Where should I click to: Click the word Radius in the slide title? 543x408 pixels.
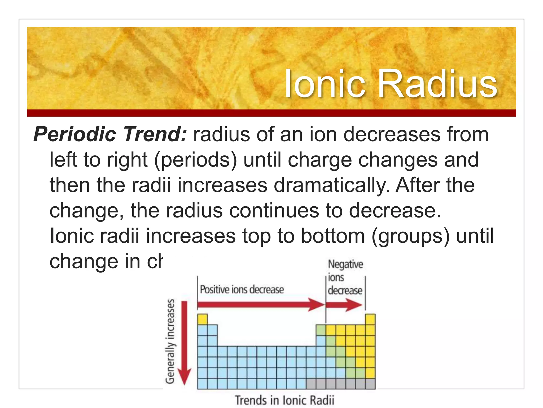[437, 84]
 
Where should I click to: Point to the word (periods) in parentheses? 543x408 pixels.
[196, 160]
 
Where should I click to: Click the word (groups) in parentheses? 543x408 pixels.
[411, 236]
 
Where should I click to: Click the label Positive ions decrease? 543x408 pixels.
[242, 290]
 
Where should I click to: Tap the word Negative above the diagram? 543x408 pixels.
[345, 265]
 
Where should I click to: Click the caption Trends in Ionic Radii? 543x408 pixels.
[284, 400]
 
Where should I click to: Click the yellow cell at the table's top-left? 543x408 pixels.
[203, 319]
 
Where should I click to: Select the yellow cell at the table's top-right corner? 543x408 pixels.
[370, 319]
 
